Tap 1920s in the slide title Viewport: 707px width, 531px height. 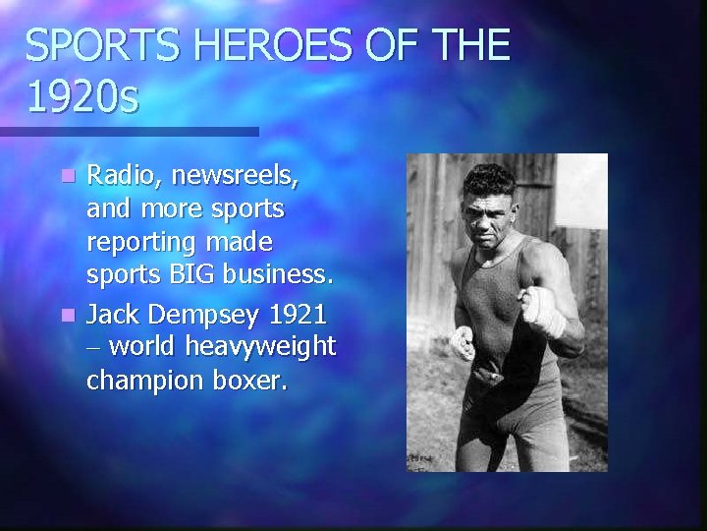[83, 96]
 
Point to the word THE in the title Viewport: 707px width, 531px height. [461, 46]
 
